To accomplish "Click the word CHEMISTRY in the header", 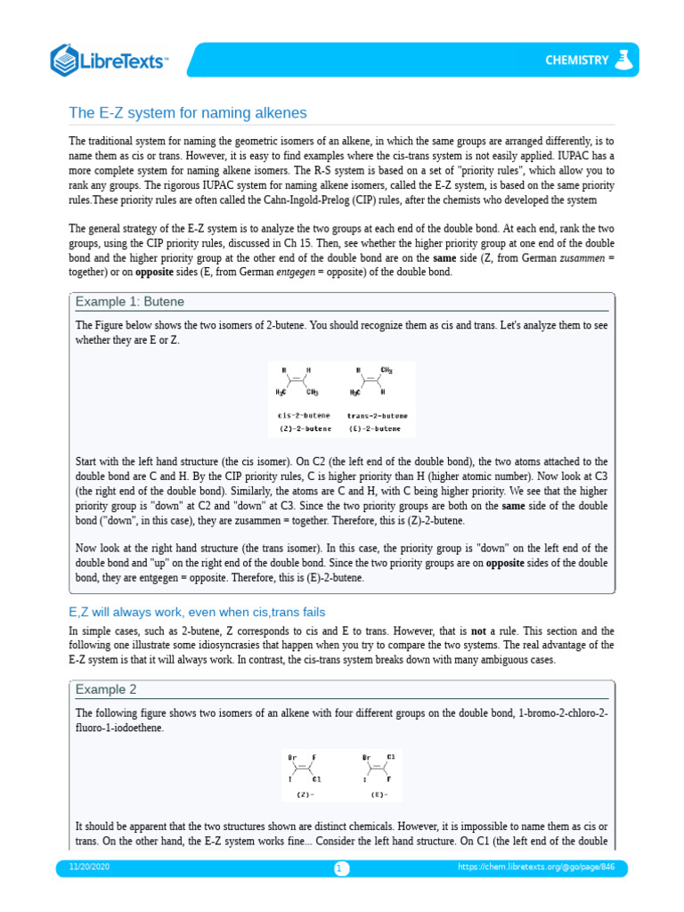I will click(576, 61).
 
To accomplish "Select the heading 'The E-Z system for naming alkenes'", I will click(188, 113).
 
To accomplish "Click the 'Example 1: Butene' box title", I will click(129, 302).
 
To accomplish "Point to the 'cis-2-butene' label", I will click(304, 415).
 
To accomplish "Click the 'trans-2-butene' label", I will click(377, 415).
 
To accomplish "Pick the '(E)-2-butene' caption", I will click(377, 428).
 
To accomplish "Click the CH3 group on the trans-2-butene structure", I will click(387, 370).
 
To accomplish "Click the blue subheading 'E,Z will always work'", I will click(197, 612).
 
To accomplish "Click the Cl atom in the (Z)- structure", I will click(316, 778).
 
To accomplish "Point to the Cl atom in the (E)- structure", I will click(390, 758).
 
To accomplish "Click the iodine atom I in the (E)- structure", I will click(364, 778).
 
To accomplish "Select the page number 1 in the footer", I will click(342, 868).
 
